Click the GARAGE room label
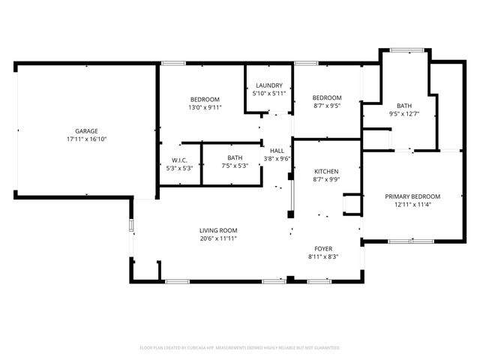[85, 131]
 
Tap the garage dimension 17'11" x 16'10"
[85, 139]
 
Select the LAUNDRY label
[268, 85]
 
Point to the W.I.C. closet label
[179, 159]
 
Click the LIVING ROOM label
[218, 230]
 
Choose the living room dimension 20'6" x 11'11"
[218, 239]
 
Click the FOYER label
[323, 249]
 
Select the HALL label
[277, 151]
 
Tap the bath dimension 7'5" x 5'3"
[235, 166]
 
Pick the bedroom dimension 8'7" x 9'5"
[327, 106]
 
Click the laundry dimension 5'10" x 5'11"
[268, 94]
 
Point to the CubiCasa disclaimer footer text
[240, 348]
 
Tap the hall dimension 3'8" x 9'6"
[277, 159]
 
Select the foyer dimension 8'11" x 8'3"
[323, 258]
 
